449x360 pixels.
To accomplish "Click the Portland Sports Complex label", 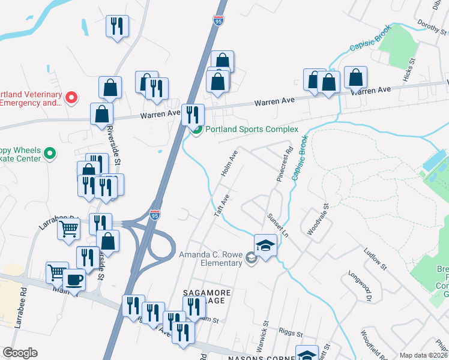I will point(252,130).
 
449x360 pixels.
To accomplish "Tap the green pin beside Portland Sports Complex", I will point(196,130).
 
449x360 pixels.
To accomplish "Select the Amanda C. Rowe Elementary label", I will point(211,259).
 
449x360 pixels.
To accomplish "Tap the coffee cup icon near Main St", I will point(74,280).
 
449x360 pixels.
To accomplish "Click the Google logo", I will point(20,353).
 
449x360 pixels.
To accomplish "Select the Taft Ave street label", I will point(222,205).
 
